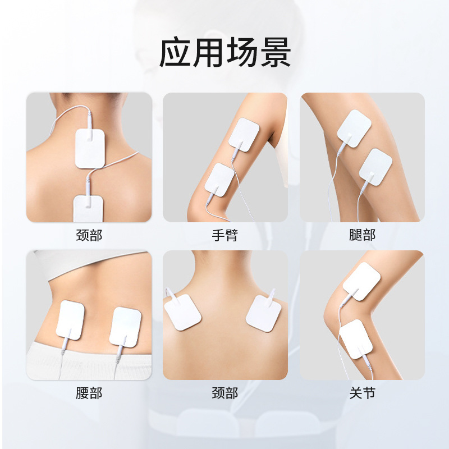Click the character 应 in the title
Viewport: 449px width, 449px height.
tap(175, 53)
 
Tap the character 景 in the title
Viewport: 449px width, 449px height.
tap(276, 53)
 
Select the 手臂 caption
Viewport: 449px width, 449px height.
tap(225, 235)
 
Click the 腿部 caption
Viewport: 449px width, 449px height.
tap(362, 235)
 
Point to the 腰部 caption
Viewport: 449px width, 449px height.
tap(89, 393)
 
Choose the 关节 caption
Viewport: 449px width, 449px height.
tap(362, 393)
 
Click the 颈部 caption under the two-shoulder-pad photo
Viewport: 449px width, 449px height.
tap(225, 393)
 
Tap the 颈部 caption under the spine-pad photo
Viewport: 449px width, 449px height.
tap(89, 235)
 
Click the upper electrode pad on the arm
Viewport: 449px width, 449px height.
tap(244, 135)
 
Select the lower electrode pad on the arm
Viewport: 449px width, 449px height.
tap(219, 180)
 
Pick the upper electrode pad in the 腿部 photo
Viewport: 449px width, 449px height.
tap(354, 129)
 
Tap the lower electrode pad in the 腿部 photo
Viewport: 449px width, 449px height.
tap(375, 167)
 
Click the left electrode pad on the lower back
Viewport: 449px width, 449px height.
tap(70, 320)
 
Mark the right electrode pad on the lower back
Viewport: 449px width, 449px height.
tap(125, 327)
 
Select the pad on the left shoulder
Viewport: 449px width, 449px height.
tap(183, 312)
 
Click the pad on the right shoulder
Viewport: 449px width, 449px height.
tap(263, 313)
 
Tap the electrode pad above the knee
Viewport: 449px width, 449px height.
tap(361, 281)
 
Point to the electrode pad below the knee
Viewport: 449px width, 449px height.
tap(356, 339)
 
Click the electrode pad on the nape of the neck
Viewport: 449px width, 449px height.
tap(90, 149)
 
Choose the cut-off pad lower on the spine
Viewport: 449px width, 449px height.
tap(88, 209)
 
